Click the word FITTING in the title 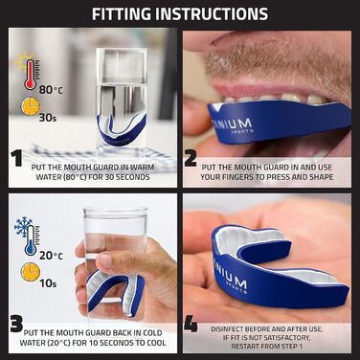tap(123, 13)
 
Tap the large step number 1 tap(17, 159)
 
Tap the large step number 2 tap(191, 159)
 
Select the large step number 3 tap(16, 324)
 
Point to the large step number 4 tap(191, 324)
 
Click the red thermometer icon tap(31, 74)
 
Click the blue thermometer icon tap(31, 240)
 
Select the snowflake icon tap(22, 226)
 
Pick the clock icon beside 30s tap(31, 106)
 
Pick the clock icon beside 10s tap(31, 272)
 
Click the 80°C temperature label tap(51, 90)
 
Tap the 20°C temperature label tap(51, 256)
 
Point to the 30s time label tap(48, 118)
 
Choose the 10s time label tap(48, 283)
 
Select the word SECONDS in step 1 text tap(133, 177)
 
